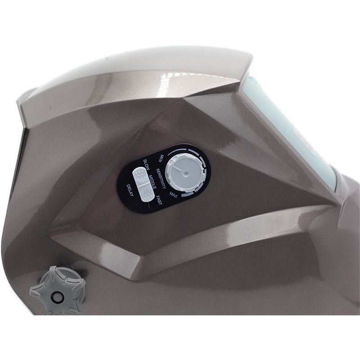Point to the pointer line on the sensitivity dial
click(x=177, y=169)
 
